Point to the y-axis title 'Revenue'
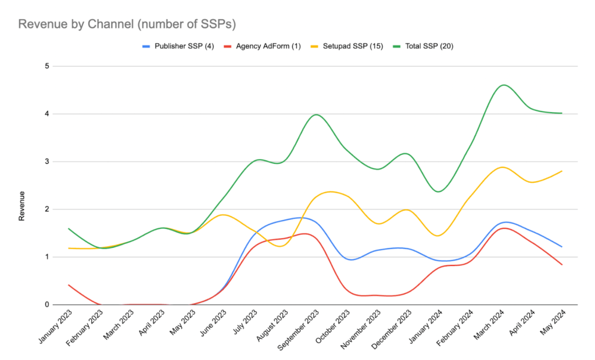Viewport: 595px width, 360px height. pos(22,206)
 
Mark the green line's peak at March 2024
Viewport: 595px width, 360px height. pos(503,85)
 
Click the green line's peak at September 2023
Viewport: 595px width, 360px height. pos(316,114)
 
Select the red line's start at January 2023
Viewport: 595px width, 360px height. pos(69,285)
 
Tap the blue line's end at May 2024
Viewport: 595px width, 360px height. pos(561,247)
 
